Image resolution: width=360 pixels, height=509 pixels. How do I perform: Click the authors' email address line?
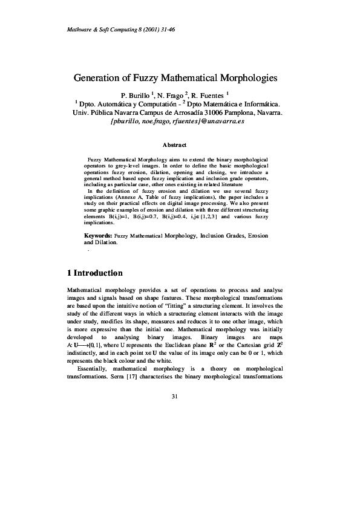coord(178,121)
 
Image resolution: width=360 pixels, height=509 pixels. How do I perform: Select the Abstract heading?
coord(175,145)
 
